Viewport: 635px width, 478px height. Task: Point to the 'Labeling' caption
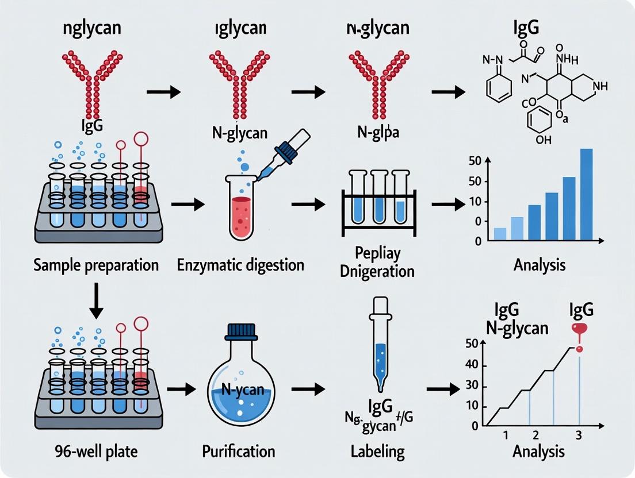pyautogui.click(x=377, y=451)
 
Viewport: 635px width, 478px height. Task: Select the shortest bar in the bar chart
pyautogui.click(x=500, y=233)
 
